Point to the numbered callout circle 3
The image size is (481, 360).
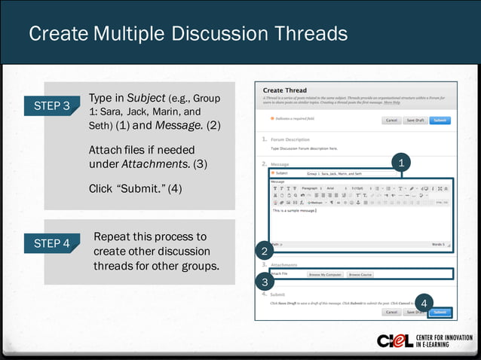264,282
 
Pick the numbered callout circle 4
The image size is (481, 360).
424,303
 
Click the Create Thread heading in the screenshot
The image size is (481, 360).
285,90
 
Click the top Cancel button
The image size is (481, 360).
392,120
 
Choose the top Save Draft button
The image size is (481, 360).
415,120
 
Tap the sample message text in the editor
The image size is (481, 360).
294,210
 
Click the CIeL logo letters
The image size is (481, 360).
395,340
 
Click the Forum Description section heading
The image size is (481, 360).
285,139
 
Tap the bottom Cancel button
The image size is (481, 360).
392,312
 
